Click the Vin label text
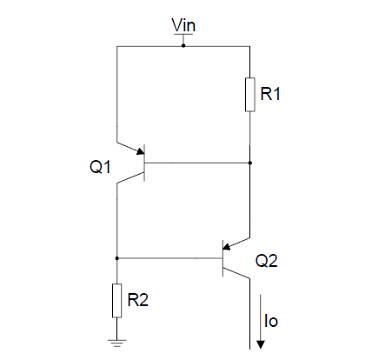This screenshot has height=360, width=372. pyautogui.click(x=183, y=25)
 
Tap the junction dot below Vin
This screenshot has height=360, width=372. pyautogui.click(x=183, y=45)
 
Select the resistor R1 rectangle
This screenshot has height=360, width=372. pyautogui.click(x=249, y=95)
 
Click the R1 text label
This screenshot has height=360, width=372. pyautogui.click(x=271, y=95)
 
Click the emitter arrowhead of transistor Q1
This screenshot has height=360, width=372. pyautogui.click(x=138, y=152)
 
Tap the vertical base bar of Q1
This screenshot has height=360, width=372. pyautogui.click(x=144, y=163)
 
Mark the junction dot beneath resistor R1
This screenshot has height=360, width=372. pyautogui.click(x=249, y=163)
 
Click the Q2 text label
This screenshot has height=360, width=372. pyautogui.click(x=267, y=259)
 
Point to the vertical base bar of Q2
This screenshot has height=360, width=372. pyautogui.click(x=223, y=258)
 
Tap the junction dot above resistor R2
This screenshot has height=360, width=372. pyautogui.click(x=116, y=258)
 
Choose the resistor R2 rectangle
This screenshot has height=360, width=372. pyautogui.click(x=116, y=300)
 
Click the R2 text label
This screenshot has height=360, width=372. pyautogui.click(x=139, y=300)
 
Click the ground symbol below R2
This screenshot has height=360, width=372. pyautogui.click(x=116, y=342)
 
